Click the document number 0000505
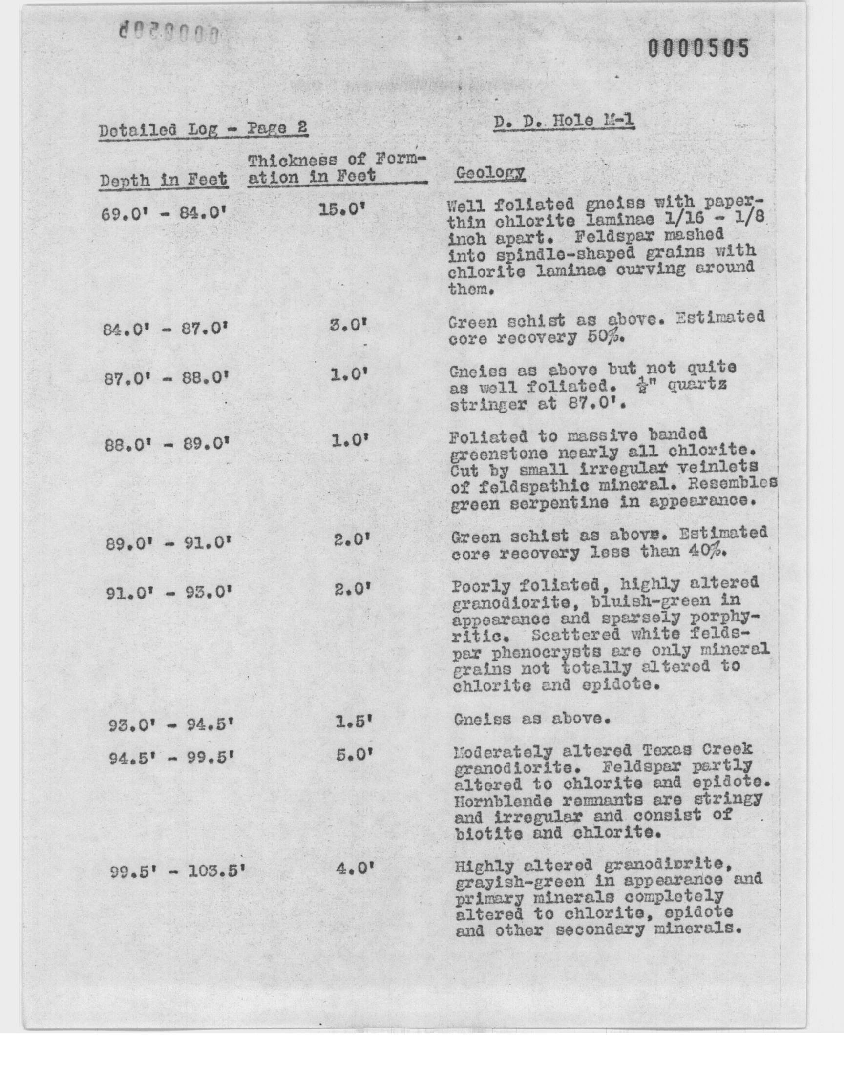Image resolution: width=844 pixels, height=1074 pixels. coord(698,49)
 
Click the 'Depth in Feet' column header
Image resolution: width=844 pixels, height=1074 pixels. coord(164,180)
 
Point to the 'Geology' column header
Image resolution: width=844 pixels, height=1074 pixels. coord(490,173)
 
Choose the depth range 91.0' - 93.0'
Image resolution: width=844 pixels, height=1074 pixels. coord(169,593)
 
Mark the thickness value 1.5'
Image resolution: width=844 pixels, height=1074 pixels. coord(353,722)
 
